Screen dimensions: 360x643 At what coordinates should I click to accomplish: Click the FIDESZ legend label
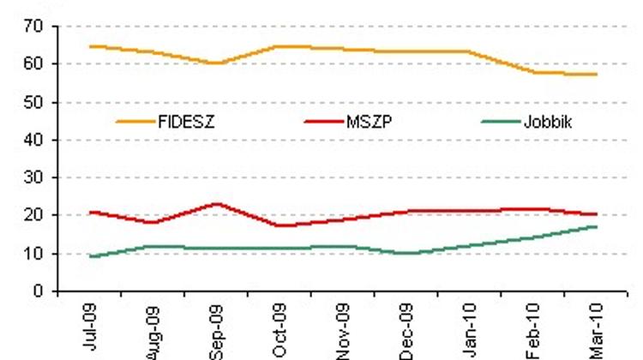click(186, 122)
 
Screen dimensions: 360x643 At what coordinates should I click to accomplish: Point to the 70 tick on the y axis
click(35, 27)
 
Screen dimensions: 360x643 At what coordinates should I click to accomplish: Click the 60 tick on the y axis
click(35, 64)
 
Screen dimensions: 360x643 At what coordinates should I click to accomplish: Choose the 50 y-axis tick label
click(35, 102)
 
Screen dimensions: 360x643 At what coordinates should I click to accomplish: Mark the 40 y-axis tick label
click(35, 140)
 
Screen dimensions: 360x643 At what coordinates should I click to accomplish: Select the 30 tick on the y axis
click(35, 177)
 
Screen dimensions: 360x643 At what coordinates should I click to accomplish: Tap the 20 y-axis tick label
click(35, 215)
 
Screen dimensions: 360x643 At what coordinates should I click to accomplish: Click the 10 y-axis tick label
click(35, 253)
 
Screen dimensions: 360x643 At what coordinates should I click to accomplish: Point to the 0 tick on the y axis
click(39, 291)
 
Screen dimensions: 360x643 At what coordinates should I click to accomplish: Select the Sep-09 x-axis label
click(218, 330)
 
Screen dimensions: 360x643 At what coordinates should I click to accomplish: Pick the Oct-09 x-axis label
click(281, 330)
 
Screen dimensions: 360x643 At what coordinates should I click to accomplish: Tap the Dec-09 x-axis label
click(407, 330)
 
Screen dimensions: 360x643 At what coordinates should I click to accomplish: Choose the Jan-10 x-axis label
click(471, 328)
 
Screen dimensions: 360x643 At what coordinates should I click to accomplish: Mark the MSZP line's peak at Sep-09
click(217, 204)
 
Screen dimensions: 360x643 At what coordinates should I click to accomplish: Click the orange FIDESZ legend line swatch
click(135, 122)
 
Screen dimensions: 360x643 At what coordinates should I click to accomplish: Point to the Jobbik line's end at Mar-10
click(597, 226)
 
